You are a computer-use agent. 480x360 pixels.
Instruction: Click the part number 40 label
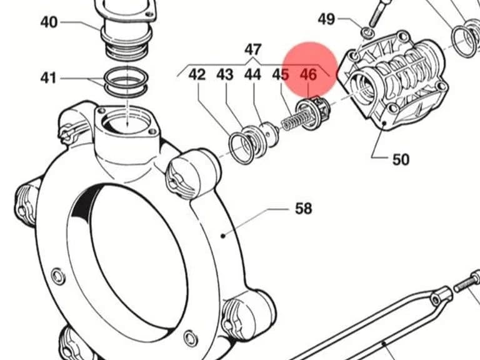click(49, 22)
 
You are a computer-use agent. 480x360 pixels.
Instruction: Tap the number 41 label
click(49, 78)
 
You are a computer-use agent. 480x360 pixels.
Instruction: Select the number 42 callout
click(197, 74)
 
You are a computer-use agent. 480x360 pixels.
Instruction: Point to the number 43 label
click(225, 74)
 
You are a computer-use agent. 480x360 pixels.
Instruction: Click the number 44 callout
click(253, 74)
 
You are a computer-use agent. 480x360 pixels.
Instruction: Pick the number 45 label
click(281, 74)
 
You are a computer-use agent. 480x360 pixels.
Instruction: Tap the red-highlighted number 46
click(308, 74)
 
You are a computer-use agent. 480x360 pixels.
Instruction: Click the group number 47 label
click(253, 49)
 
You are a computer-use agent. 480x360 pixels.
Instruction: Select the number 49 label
click(326, 19)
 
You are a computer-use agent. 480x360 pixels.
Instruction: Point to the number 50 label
click(401, 159)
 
